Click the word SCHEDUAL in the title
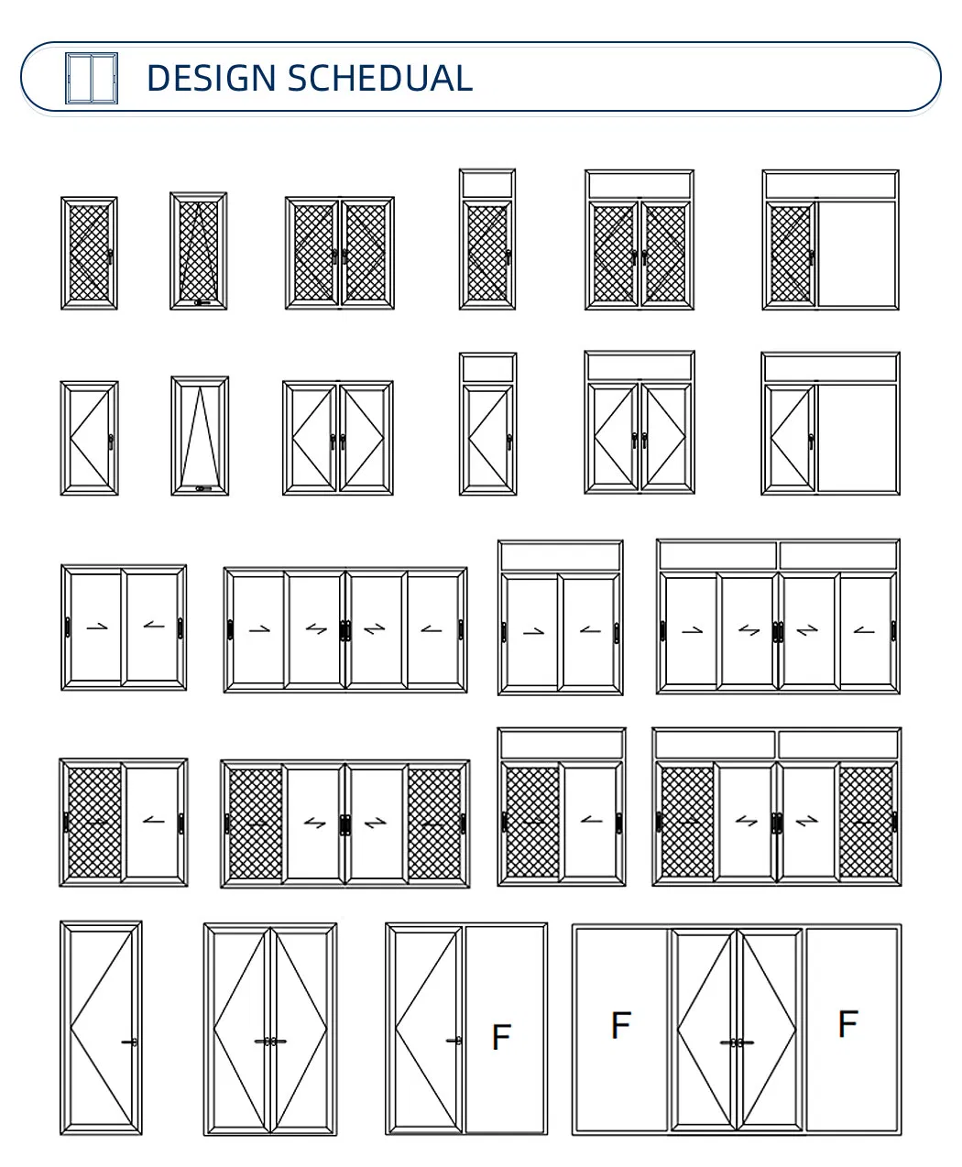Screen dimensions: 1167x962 [379, 78]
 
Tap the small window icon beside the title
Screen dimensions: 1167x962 [92, 78]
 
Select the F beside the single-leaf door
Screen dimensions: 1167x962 [500, 1037]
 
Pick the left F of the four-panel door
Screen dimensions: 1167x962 [620, 1024]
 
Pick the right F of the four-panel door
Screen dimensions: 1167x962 [847, 1022]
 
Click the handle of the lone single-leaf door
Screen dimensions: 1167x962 [130, 1042]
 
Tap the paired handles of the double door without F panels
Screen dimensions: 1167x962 [270, 1041]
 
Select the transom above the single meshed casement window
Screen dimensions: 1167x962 [487, 185]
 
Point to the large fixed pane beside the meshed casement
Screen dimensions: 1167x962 [857, 254]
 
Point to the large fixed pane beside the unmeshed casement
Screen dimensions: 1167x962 [857, 437]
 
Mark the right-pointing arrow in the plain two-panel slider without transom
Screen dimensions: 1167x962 [95, 627]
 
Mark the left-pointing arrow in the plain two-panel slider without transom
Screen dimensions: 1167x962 [154, 627]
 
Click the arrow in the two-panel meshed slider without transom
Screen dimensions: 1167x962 [154, 820]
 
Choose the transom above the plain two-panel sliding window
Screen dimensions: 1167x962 [560, 557]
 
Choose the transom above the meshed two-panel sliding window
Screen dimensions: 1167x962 [561, 744]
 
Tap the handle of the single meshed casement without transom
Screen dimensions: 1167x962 [110, 257]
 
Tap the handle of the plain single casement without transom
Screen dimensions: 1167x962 [110, 442]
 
